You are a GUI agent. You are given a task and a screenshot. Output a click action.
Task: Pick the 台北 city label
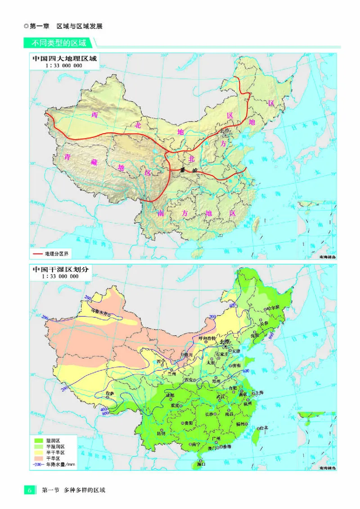pos(263,428)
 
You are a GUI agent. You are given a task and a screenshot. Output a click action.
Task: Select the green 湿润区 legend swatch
pos(38,440)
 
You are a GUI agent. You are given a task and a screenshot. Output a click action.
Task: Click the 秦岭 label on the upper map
pos(185,170)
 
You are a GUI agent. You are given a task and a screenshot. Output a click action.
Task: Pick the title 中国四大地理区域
pos(64,59)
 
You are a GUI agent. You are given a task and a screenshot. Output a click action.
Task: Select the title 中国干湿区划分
pos(61,269)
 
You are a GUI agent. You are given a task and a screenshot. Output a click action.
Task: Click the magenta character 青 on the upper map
pos(68,157)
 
